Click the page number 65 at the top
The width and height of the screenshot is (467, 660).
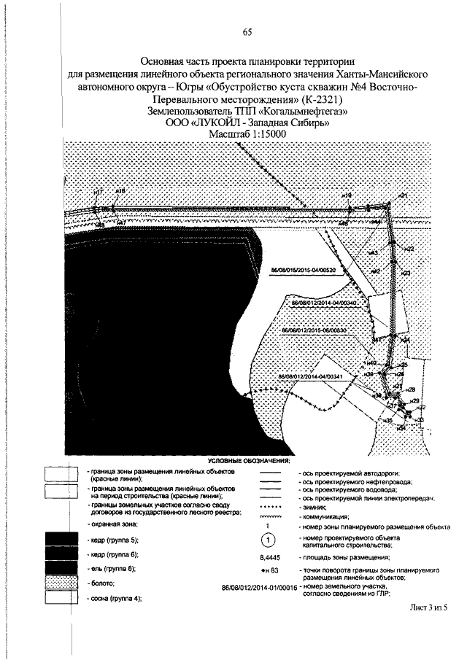click(247, 31)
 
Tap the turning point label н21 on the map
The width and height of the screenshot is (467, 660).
click(402, 196)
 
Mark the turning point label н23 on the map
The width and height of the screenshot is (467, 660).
click(406, 273)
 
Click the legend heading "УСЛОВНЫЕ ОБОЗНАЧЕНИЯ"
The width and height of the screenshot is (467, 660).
click(248, 461)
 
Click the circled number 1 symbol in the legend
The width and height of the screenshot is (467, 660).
click(269, 540)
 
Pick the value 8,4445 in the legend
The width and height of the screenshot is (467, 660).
click(269, 556)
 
